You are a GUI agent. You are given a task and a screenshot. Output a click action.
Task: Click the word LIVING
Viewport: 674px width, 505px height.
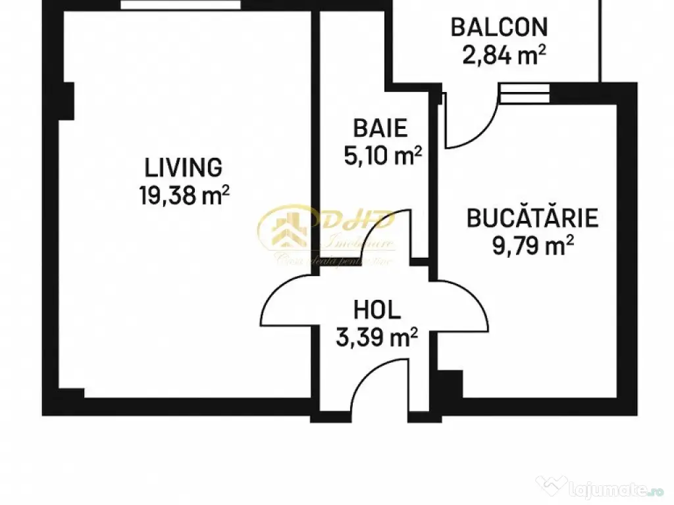(183, 167)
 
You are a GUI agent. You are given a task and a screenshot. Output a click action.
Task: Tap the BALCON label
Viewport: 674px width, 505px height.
(498, 28)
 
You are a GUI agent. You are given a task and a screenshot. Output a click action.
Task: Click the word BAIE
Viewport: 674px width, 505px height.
(380, 127)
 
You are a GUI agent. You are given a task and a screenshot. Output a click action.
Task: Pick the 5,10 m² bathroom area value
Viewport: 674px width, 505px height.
(382, 155)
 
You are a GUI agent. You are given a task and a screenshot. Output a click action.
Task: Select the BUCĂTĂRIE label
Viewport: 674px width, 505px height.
(532, 218)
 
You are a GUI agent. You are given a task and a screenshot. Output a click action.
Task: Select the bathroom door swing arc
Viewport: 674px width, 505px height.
(388, 237)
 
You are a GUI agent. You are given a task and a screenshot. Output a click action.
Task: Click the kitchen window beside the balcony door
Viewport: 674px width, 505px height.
(524, 93)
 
